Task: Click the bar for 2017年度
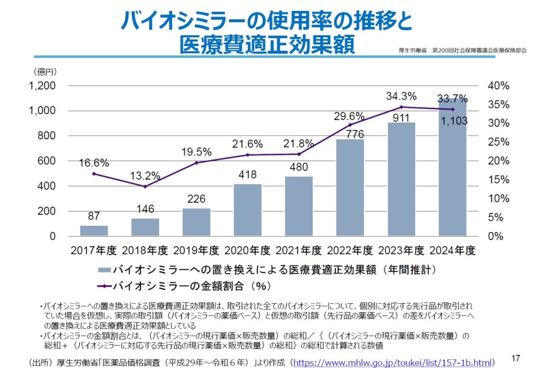click(x=94, y=230)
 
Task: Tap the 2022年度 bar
click(x=350, y=188)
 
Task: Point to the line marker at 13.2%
click(x=145, y=187)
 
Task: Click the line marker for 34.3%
click(x=401, y=107)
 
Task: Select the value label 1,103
click(x=452, y=121)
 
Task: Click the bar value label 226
click(x=197, y=199)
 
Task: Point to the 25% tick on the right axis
click(x=500, y=142)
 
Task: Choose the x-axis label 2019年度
click(x=197, y=251)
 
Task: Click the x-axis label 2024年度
click(x=452, y=251)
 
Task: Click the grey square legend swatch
click(x=104, y=270)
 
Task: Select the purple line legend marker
click(x=104, y=286)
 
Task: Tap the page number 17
click(x=516, y=358)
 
